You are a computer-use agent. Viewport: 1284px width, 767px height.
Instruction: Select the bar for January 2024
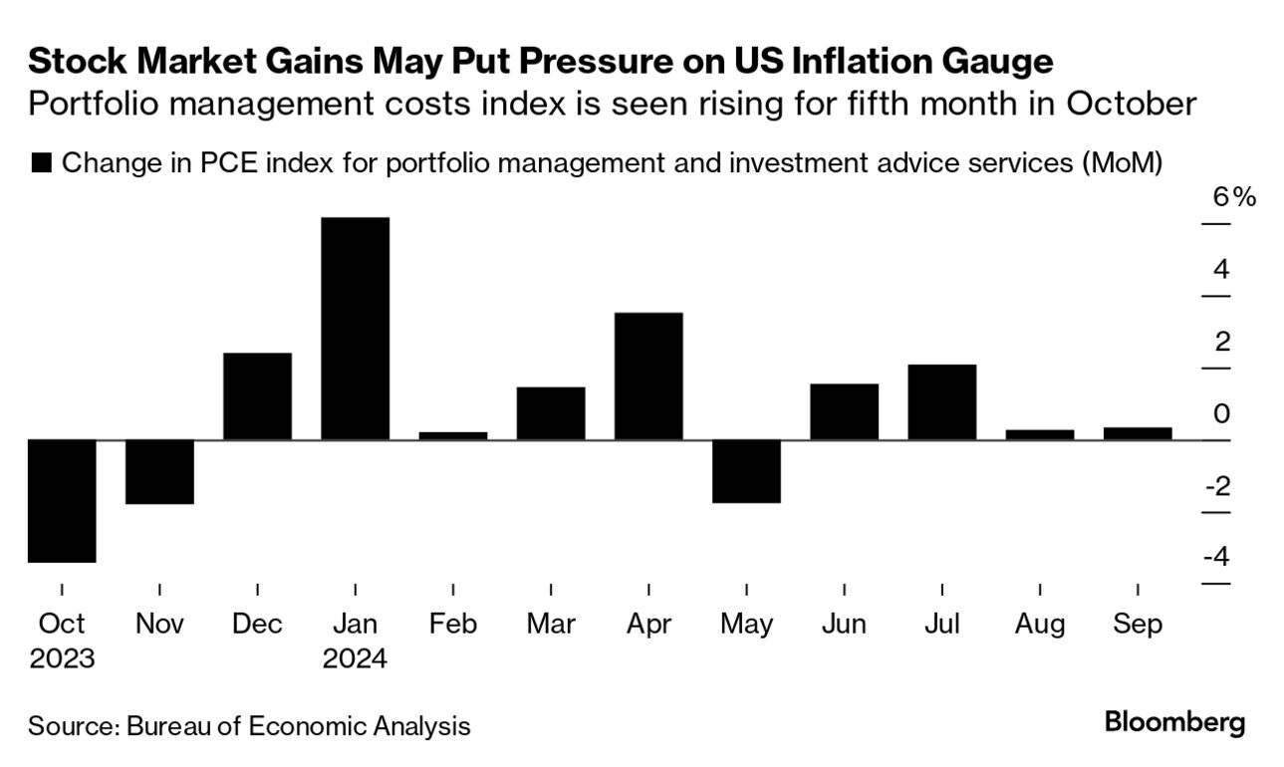(x=355, y=329)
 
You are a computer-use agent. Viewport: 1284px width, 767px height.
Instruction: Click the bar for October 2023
(x=62, y=501)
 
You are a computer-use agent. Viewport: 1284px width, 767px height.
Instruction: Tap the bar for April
(x=648, y=377)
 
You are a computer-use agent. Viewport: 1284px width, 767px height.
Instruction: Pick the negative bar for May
(x=746, y=471)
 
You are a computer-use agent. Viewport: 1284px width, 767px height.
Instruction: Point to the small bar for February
(x=452, y=435)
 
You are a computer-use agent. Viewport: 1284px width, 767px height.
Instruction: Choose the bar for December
(x=257, y=396)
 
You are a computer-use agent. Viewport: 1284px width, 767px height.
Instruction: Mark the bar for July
(x=941, y=402)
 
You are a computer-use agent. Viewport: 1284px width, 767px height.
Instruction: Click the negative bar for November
(x=159, y=472)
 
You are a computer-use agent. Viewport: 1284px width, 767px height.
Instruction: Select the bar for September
(x=1138, y=433)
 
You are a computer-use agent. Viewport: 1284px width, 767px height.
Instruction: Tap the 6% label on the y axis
(x=1233, y=197)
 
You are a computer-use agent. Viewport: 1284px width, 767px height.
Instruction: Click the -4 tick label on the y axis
(x=1215, y=557)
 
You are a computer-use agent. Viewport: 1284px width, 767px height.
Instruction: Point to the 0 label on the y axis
(x=1221, y=413)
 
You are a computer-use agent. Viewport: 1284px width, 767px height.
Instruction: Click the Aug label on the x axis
(x=1039, y=625)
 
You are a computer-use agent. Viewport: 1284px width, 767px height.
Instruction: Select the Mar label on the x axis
(x=551, y=625)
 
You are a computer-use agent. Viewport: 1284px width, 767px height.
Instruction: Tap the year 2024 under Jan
(x=355, y=659)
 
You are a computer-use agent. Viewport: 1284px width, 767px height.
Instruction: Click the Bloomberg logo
(x=1174, y=722)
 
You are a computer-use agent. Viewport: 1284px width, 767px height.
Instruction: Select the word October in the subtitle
(x=1130, y=104)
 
